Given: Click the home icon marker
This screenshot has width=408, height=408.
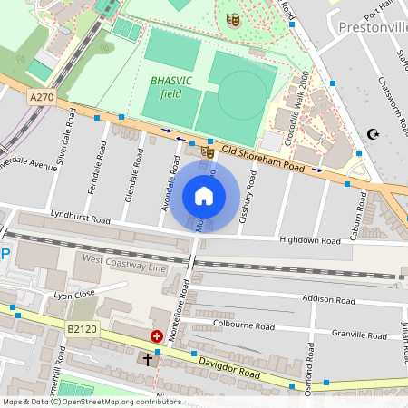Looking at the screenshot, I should point(204,196).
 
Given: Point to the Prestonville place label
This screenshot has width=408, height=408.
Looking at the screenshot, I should point(371,27).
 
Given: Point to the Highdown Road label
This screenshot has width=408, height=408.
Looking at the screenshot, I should point(309,241).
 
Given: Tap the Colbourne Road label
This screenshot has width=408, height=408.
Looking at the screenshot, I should point(238,321).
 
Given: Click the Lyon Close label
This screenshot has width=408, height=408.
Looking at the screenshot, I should point(74,295).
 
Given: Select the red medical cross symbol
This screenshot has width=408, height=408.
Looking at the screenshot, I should point(156,336).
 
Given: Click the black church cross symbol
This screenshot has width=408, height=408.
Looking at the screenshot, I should point(149,360).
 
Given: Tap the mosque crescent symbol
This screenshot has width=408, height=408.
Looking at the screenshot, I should point(371,134).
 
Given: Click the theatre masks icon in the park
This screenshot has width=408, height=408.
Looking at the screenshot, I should point(233,19).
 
